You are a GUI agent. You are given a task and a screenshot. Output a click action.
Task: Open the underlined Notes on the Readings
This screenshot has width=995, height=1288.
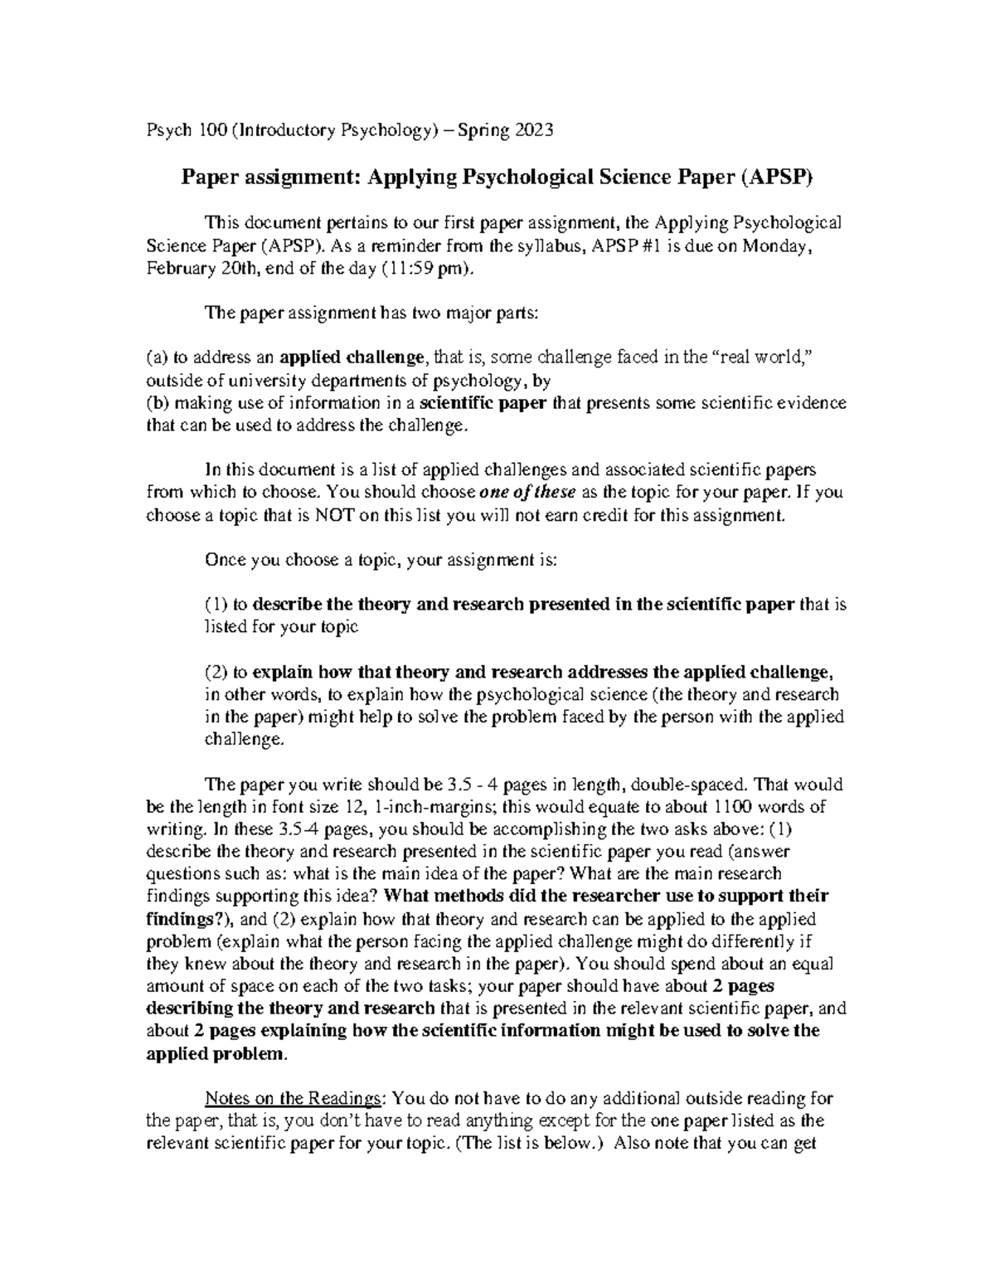pos(294,1099)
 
